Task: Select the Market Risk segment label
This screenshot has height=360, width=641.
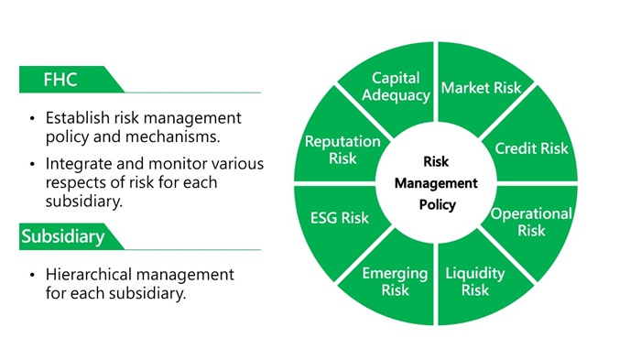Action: tap(482, 88)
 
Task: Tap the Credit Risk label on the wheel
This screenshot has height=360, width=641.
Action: tap(531, 148)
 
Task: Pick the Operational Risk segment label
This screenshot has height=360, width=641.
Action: tap(531, 222)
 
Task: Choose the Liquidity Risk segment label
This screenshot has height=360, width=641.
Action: tap(474, 282)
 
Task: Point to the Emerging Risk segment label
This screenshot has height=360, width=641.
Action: tap(395, 282)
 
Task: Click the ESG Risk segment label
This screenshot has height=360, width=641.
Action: tap(340, 218)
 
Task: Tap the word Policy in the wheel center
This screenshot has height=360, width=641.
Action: tap(437, 204)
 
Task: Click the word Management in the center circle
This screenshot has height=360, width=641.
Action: tap(437, 183)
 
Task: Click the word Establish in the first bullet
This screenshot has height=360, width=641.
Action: tap(75, 118)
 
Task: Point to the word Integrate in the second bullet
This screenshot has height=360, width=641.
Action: tap(77, 164)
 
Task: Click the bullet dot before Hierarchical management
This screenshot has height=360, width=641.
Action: tap(34, 275)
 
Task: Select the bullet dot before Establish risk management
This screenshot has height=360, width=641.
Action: tap(34, 119)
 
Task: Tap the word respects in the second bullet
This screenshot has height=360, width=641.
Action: tap(76, 182)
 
